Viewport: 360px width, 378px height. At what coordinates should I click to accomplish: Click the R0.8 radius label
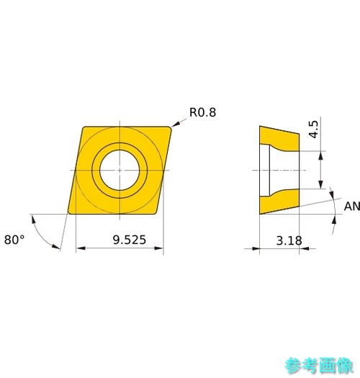pos(202,112)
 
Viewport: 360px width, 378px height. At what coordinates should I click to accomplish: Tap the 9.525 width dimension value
pos(130,240)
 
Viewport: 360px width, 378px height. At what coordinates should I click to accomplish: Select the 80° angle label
pos(14,240)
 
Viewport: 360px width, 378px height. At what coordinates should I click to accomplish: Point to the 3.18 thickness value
pos(289,240)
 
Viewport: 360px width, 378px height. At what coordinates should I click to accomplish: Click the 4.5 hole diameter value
pos(314,130)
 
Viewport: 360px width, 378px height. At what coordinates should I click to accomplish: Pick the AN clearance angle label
pos(352,207)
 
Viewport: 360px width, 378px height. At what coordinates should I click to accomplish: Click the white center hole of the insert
pos(120,170)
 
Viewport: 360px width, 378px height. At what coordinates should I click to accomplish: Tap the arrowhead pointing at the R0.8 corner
pos(176,124)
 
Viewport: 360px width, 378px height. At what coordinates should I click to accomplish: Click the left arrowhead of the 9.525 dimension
pos(81,248)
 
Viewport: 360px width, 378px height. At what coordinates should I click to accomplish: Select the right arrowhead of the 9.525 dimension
pos(159,248)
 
